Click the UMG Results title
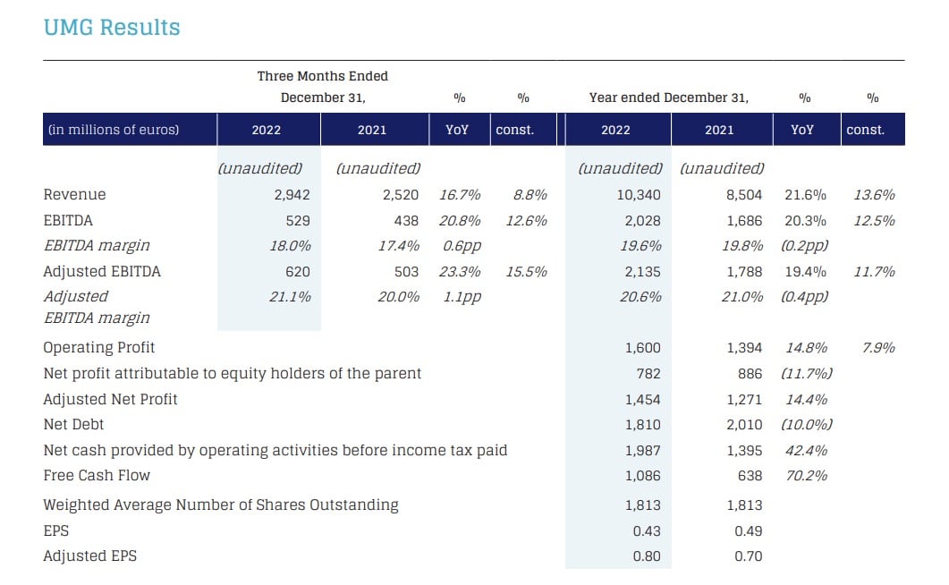[112, 28]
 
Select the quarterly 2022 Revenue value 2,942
[292, 195]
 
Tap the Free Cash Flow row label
[97, 476]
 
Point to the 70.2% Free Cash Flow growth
[806, 476]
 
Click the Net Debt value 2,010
[744, 425]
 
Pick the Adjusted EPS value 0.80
[647, 556]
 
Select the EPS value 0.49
[748, 531]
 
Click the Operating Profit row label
[99, 348]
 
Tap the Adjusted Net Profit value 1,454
[643, 400]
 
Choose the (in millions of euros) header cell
[114, 130]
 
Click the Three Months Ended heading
[323, 76]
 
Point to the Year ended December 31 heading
[669, 98]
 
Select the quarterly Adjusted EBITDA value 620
[298, 272]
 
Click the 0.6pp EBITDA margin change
[462, 246]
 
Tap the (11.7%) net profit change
[806, 374]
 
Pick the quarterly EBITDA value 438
[406, 221]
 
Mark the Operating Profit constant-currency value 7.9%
[878, 348]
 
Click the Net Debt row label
[74, 425]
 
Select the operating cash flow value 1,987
[643, 451]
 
